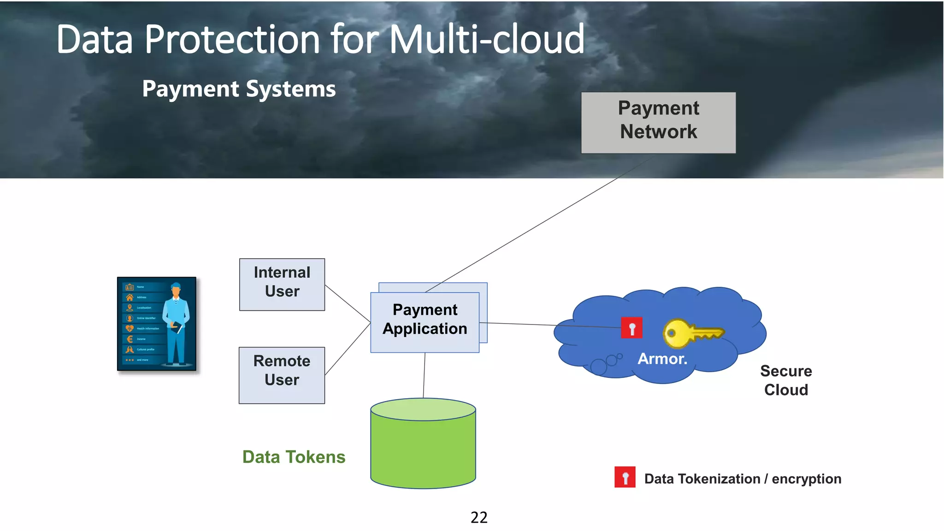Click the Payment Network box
click(658, 123)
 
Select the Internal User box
click(282, 284)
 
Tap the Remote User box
click(282, 375)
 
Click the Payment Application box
click(425, 322)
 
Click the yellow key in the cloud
click(691, 333)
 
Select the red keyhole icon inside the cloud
click(631, 328)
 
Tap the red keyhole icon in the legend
click(625, 477)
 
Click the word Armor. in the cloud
click(662, 359)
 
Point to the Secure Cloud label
click(786, 380)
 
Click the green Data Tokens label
click(294, 457)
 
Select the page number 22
click(479, 517)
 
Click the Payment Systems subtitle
click(239, 88)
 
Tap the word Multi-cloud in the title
click(487, 40)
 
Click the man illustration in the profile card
click(177, 323)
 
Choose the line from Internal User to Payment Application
click(348, 303)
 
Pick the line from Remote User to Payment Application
click(348, 349)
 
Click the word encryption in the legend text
click(806, 479)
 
